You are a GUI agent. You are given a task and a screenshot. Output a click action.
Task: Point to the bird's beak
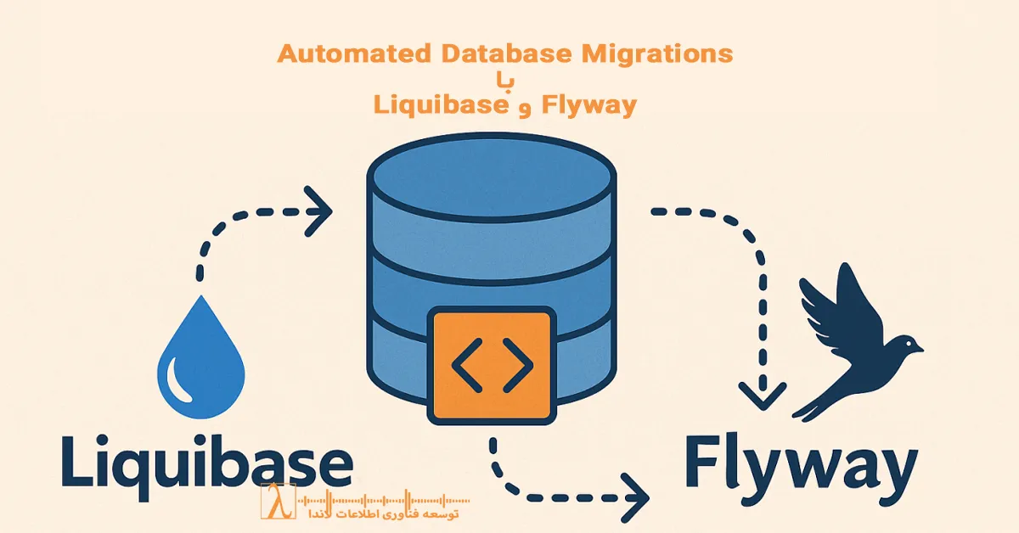919,346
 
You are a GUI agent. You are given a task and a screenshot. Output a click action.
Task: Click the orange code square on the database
492,365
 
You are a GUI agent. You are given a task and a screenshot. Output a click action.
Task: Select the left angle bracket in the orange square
466,365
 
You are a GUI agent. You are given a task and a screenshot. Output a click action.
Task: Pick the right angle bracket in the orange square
518,365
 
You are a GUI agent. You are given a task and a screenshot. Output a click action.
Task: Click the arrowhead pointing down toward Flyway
762,392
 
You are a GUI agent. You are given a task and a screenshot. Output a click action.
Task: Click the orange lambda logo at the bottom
277,502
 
